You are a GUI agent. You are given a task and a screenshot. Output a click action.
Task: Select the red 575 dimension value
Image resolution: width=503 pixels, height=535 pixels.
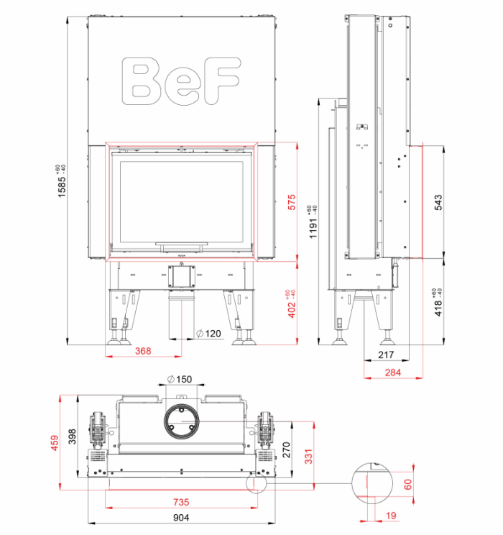click(x=292, y=202)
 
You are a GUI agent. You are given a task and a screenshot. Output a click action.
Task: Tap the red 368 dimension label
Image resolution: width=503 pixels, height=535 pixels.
click(x=143, y=351)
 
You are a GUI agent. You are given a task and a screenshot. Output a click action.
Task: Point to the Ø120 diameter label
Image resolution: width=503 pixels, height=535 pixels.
click(x=208, y=334)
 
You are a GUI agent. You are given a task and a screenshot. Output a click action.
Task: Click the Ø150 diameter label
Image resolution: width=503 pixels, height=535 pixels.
click(x=180, y=379)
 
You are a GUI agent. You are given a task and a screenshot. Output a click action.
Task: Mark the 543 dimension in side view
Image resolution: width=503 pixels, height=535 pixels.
click(x=438, y=202)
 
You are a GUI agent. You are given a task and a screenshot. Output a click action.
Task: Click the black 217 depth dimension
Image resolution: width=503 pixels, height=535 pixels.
click(x=386, y=355)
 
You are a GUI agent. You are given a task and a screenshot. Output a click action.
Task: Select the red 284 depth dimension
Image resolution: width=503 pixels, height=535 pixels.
click(x=393, y=372)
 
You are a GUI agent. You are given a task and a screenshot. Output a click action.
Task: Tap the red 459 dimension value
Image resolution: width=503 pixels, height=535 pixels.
click(x=55, y=443)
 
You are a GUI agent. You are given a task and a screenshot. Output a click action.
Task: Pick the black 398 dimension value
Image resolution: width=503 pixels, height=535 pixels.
click(x=73, y=436)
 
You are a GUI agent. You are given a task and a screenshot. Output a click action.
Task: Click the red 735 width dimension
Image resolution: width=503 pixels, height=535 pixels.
click(x=181, y=502)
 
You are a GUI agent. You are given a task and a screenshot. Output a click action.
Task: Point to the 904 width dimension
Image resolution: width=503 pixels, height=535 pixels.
click(x=181, y=518)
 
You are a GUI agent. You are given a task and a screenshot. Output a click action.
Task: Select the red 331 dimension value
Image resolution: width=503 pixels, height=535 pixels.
click(x=308, y=457)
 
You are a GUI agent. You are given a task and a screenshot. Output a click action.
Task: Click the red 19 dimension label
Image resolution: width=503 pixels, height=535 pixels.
click(x=391, y=515)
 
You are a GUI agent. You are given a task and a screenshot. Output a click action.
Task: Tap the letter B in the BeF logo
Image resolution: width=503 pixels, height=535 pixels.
click(x=141, y=81)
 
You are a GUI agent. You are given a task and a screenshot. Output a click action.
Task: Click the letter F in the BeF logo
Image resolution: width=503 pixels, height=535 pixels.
click(x=222, y=81)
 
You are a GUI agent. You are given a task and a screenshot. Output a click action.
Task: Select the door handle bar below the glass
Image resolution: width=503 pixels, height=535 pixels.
click(x=181, y=244)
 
